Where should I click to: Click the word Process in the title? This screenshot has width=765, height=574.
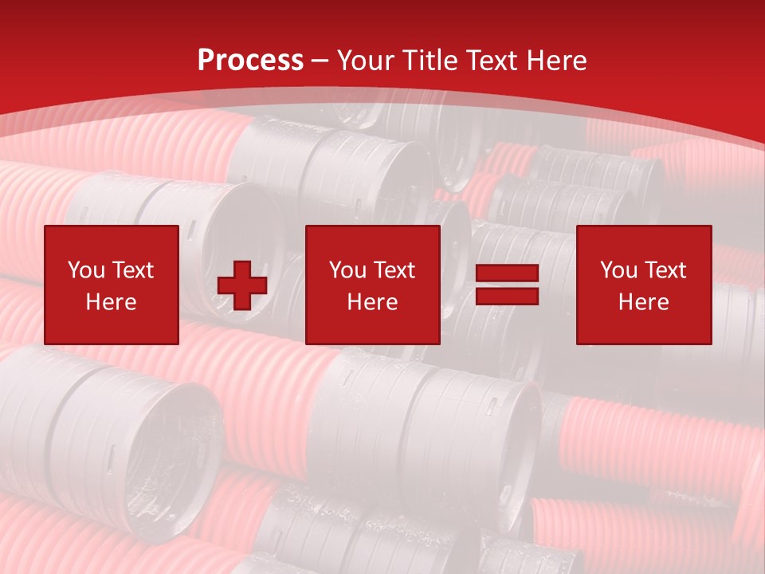[x=250, y=61]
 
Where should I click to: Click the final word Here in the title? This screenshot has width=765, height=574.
[x=558, y=61]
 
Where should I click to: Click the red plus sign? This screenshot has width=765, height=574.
[x=242, y=285]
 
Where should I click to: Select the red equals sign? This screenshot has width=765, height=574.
[x=507, y=285]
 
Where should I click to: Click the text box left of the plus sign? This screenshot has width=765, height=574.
[x=112, y=285]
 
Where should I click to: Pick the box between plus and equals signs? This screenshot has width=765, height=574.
[x=372, y=285]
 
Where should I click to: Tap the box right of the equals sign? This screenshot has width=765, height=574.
[x=643, y=285]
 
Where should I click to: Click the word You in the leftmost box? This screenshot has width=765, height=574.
[x=86, y=270]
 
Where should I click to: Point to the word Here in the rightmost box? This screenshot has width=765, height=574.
[x=643, y=302]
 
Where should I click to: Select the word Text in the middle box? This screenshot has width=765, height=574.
[x=394, y=270]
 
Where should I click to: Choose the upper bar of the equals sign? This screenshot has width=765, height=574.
[x=507, y=273]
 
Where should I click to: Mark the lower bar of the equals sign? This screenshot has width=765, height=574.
[x=507, y=296]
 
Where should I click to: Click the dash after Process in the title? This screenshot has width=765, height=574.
[x=320, y=61]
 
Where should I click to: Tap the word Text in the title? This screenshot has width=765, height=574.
[x=494, y=61]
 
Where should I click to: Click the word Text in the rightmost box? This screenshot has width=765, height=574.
[x=665, y=270]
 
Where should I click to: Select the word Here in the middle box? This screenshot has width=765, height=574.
[x=372, y=302]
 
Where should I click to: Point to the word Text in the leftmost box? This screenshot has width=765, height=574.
[x=132, y=270]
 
